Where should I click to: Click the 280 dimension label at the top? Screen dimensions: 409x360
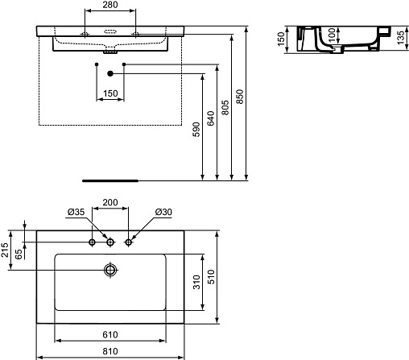point(110,5)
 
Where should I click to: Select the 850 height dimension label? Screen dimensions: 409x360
point(240,97)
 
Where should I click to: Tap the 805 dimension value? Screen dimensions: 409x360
point(225,107)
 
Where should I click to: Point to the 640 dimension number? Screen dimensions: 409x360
point(211,118)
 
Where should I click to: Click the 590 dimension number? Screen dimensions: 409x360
point(196,130)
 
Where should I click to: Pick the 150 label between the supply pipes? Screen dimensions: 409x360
point(110,93)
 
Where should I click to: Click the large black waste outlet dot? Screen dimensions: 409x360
point(110,73)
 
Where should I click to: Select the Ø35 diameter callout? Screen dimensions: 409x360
point(76,212)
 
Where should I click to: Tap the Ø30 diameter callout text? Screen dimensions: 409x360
point(163,212)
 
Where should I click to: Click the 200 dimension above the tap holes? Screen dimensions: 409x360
point(110,202)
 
